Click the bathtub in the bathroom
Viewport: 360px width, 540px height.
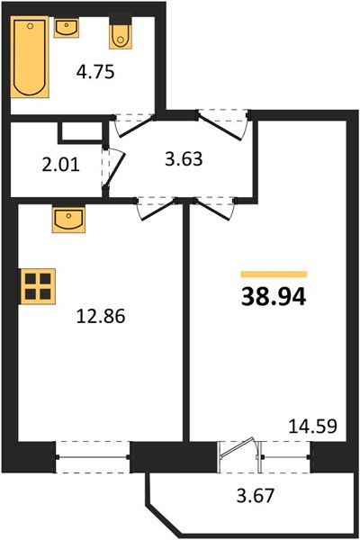[x=30, y=57]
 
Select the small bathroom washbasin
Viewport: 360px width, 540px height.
[x=66, y=28]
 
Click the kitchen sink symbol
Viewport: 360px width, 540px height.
[x=68, y=220]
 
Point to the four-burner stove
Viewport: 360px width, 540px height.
[x=38, y=286]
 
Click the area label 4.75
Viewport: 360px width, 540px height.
[x=95, y=73]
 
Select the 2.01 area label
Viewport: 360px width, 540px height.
[x=60, y=165]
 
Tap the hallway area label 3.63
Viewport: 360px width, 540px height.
[x=184, y=160]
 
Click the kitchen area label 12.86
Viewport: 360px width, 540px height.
[x=101, y=316]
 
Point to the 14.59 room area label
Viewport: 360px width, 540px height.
[x=312, y=426]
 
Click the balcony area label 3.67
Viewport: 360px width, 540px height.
[x=256, y=496]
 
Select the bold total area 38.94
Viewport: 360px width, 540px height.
[x=274, y=297]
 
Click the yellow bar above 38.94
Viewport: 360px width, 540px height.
[x=274, y=274]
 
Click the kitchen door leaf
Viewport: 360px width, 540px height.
[x=158, y=210]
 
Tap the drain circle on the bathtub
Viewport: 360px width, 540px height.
[x=31, y=25]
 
